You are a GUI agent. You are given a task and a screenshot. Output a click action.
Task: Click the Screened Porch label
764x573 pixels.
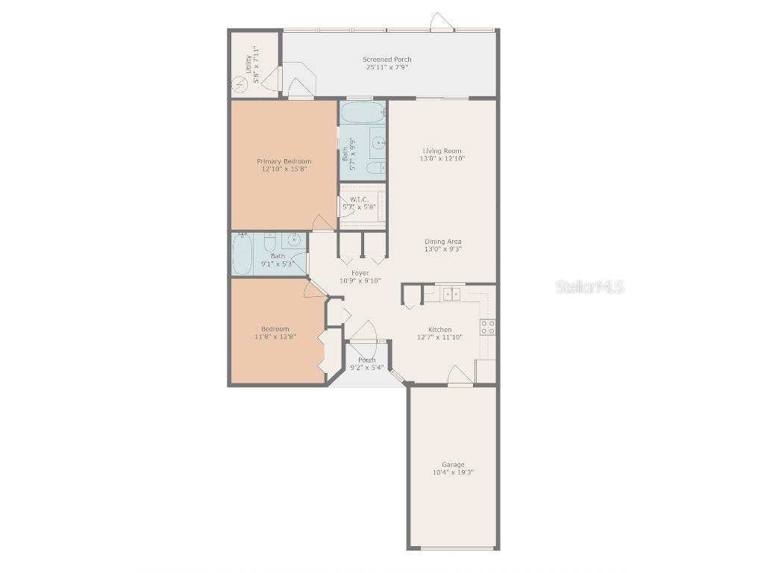coord(386,60)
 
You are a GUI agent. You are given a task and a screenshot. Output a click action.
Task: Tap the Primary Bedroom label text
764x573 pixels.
coord(284,161)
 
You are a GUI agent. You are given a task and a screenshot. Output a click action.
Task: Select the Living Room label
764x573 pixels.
coord(442,151)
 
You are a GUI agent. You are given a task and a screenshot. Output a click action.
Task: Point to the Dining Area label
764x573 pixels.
coord(442,241)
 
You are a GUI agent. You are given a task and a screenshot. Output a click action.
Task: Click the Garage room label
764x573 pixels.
coord(453,465)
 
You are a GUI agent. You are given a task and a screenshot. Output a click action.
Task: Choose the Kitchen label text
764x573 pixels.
coord(439,329)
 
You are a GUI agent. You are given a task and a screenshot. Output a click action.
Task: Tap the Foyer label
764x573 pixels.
coord(360,273)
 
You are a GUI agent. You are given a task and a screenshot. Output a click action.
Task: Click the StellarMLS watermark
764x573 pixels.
coord(589,286)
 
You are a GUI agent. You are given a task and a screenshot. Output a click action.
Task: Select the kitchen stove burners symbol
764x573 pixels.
coord(488,327)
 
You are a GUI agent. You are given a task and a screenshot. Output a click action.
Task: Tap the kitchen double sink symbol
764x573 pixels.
coord(451,294)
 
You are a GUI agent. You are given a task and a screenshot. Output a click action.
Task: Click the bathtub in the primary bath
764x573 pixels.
coord(363,113)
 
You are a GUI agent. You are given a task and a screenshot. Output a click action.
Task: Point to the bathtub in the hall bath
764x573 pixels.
coord(242,254)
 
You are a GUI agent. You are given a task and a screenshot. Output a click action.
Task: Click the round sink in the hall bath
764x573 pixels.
coord(295,239)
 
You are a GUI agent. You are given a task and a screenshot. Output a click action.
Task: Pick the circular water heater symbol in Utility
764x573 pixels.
coord(240,84)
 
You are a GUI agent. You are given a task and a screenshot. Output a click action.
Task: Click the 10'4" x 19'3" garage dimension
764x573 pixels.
coord(453,472)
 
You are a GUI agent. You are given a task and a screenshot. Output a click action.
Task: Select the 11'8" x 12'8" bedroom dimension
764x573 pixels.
coord(275,337)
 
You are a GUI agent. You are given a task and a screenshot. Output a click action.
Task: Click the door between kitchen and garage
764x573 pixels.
coord(460,376)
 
